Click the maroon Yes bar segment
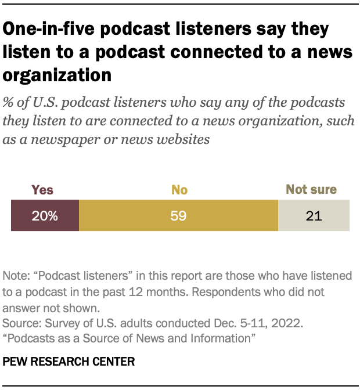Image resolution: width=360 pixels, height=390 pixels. (x=45, y=216)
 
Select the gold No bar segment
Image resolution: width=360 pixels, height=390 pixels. (x=178, y=216)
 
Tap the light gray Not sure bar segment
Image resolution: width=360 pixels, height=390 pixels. (x=314, y=216)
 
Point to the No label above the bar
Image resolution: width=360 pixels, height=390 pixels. (x=179, y=190)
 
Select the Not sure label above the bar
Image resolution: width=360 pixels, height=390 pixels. (x=311, y=190)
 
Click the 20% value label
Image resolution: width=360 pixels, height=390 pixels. (x=45, y=216)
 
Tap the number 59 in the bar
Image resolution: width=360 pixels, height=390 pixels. (x=178, y=216)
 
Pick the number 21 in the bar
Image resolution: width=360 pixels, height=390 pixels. (x=314, y=216)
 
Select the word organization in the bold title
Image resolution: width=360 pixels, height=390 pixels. (x=57, y=75)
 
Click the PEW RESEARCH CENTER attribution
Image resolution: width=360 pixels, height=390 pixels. (x=69, y=362)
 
